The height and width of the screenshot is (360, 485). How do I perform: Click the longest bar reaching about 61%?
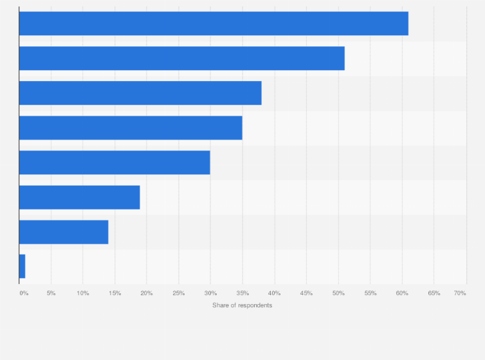tap(214, 24)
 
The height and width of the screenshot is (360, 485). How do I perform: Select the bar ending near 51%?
tap(181, 59)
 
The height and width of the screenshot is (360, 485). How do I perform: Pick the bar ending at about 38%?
tap(140, 93)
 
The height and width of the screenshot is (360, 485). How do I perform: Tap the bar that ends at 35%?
tap(131, 128)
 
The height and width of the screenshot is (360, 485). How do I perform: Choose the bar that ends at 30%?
tap(114, 163)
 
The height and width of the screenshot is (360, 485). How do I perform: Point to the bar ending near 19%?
tap(79, 197)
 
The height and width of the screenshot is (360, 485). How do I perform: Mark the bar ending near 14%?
tap(64, 232)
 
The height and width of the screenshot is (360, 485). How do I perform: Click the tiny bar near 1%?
tap(22, 267)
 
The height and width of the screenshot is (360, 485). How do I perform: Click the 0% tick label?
tap(24, 293)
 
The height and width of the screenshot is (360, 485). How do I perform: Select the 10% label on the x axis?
tap(83, 293)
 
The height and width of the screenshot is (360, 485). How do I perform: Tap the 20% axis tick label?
tap(147, 293)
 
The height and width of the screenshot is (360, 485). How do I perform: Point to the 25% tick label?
tap(179, 293)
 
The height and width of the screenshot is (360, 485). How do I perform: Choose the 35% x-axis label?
tap(243, 293)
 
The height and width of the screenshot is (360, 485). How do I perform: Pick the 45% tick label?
tap(306, 293)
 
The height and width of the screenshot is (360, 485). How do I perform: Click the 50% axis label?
tap(338, 293)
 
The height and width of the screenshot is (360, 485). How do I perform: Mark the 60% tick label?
tap(402, 293)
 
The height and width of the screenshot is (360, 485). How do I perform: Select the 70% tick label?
tap(460, 293)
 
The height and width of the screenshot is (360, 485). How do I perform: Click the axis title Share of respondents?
tap(242, 305)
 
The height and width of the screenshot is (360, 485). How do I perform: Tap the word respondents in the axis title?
tap(255, 305)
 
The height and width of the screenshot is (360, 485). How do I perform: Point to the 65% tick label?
tap(434, 293)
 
